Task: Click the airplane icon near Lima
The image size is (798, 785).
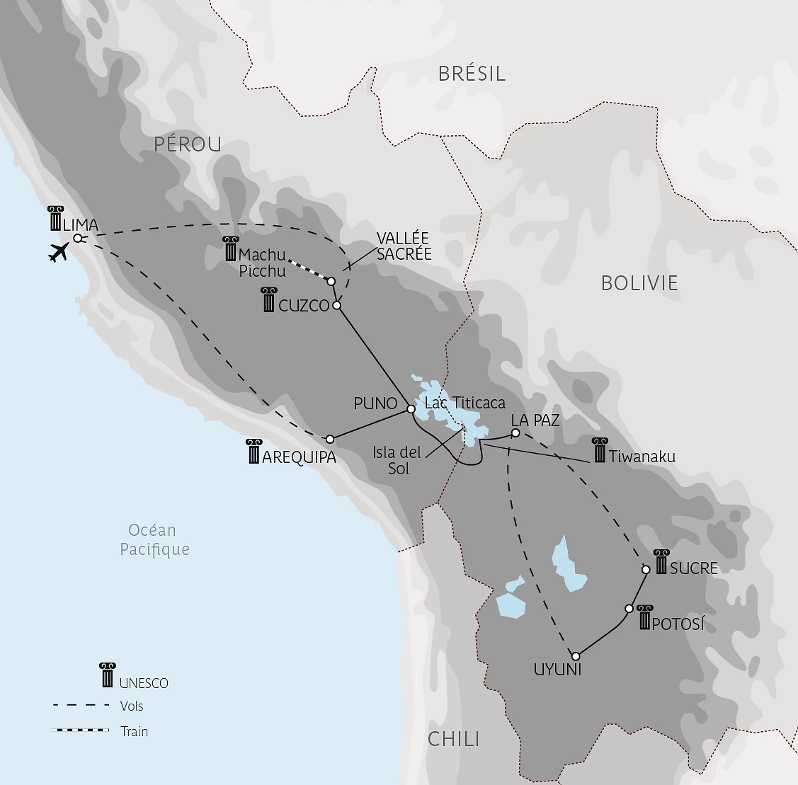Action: point(59,252)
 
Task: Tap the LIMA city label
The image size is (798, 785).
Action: point(80,225)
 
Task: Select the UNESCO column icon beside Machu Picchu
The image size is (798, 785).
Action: point(230,249)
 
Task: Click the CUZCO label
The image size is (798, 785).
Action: point(304,306)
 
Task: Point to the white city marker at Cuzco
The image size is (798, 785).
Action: point(337,305)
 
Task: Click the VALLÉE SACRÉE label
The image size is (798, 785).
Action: point(404,246)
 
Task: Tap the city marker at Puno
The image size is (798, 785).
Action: point(411,408)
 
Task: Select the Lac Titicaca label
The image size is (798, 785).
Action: point(464,403)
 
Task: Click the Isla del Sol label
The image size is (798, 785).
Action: point(397,460)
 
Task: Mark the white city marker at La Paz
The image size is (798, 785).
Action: point(515,432)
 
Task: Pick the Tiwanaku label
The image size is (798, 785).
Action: point(642,457)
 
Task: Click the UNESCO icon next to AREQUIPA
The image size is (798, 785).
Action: point(254,452)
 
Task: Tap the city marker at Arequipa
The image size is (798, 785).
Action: point(330,439)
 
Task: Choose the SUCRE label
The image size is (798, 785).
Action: point(693,568)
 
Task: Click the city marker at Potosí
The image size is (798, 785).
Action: point(629,608)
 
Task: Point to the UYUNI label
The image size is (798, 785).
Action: point(557,669)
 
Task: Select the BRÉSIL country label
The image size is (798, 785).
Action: point(472,74)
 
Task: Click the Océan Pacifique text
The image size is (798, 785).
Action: point(154,539)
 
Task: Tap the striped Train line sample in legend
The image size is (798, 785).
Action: point(81,730)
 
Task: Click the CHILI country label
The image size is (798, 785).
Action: point(454,740)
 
